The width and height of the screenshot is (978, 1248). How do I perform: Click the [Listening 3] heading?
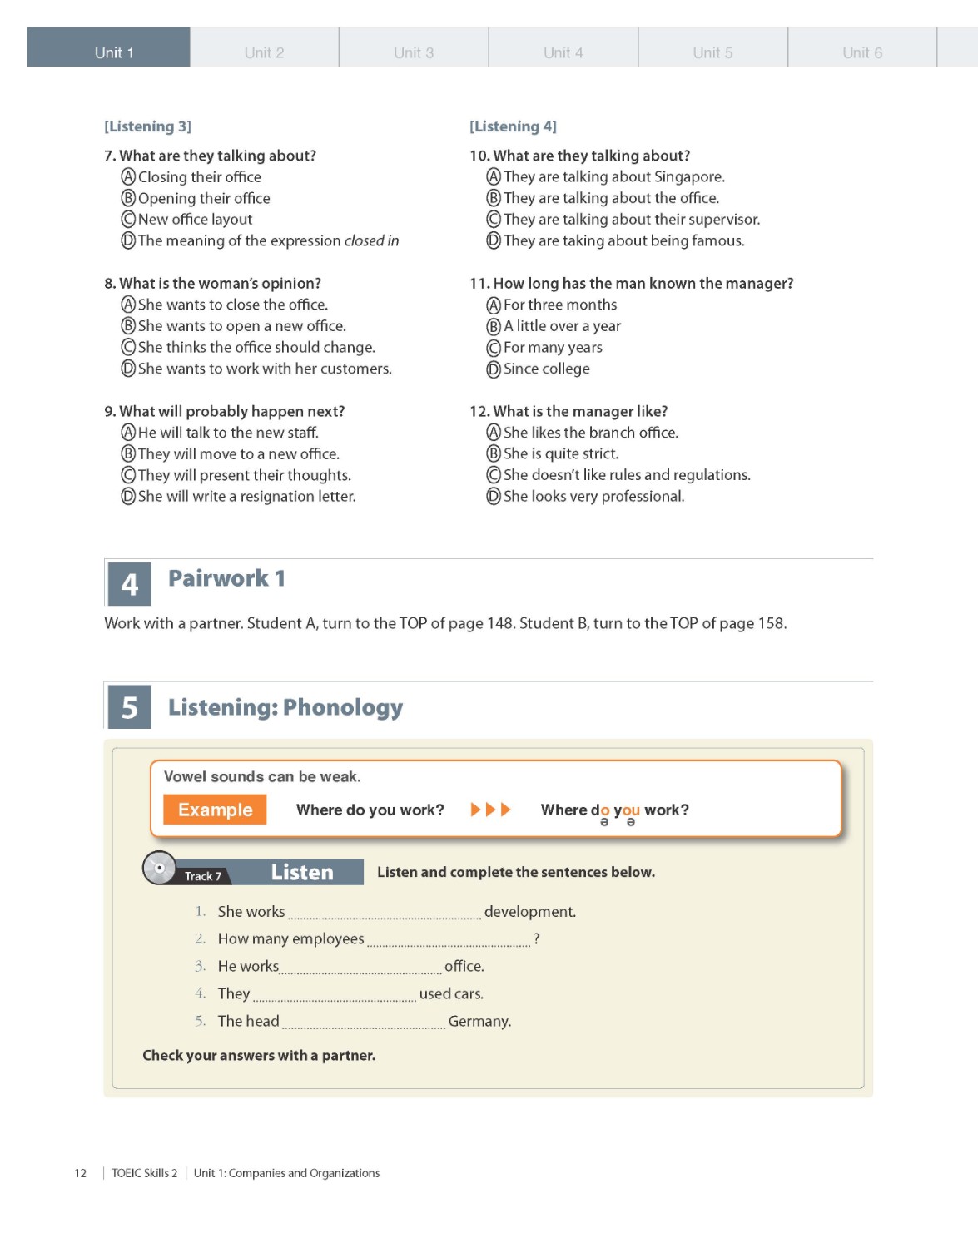(147, 126)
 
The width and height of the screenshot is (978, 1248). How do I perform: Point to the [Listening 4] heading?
(513, 126)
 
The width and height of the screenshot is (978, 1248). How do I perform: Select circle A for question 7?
(128, 177)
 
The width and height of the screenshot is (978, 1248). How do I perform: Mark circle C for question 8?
(128, 348)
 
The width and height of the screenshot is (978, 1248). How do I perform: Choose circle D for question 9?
(128, 497)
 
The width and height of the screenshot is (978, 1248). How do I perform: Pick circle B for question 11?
(494, 326)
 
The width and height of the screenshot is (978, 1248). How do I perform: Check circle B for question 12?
(494, 454)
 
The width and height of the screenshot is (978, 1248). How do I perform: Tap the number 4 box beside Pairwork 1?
(130, 584)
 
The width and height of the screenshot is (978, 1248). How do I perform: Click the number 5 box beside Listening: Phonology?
(130, 707)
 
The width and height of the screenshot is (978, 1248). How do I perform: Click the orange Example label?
(215, 810)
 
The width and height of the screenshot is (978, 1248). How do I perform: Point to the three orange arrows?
(491, 810)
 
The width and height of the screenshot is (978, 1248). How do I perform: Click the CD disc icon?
(159, 868)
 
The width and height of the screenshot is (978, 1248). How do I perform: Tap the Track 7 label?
(203, 876)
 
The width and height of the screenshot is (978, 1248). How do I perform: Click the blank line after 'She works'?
(384, 914)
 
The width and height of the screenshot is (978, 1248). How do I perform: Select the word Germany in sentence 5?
(479, 1022)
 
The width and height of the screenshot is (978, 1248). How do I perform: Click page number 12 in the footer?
(81, 1173)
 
